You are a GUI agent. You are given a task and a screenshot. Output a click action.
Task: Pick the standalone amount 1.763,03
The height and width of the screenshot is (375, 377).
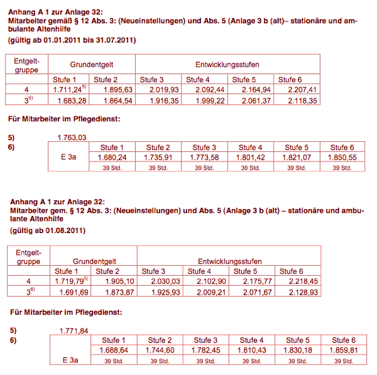(x=71, y=137)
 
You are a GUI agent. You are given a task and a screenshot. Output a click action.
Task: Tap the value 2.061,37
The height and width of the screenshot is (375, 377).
(x=256, y=101)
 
